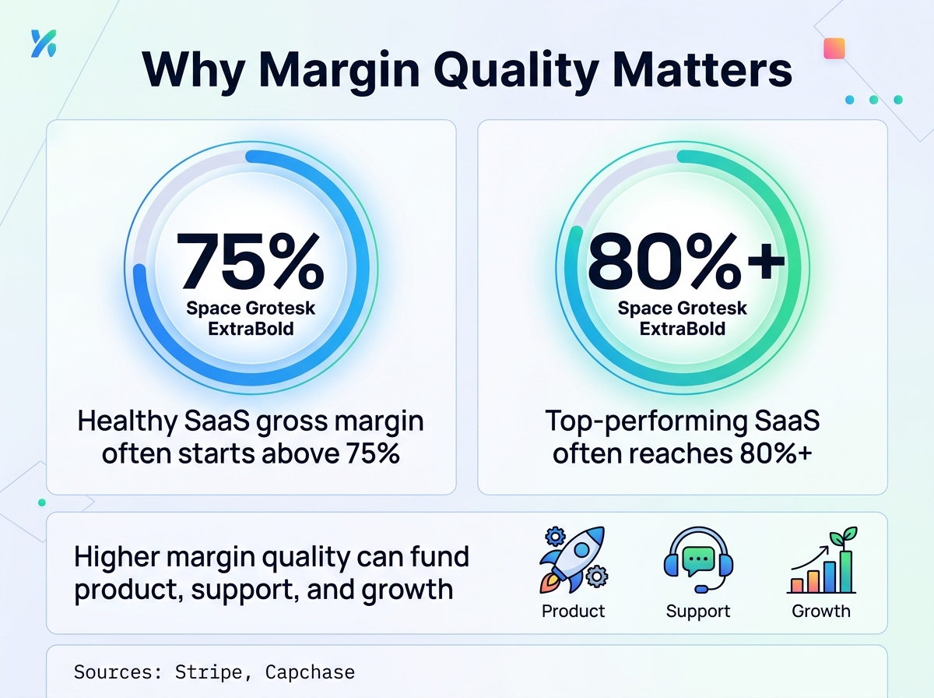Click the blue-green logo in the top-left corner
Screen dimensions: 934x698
click(44, 44)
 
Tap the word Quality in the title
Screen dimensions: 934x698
click(516, 71)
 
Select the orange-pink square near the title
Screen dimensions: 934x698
click(834, 48)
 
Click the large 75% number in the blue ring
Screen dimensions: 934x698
click(250, 261)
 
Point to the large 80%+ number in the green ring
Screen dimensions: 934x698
click(686, 261)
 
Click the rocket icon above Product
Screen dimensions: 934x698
click(573, 560)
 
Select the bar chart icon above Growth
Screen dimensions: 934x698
click(822, 560)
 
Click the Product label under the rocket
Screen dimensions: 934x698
click(573, 611)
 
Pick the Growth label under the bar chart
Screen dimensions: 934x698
click(821, 611)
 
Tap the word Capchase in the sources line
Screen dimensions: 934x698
click(311, 672)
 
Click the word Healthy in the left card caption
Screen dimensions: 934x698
click(127, 421)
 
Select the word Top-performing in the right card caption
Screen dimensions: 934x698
click(646, 421)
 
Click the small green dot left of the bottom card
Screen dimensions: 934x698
click(42, 502)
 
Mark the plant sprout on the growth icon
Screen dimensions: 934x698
click(844, 538)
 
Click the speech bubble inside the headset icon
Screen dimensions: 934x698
click(698, 559)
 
